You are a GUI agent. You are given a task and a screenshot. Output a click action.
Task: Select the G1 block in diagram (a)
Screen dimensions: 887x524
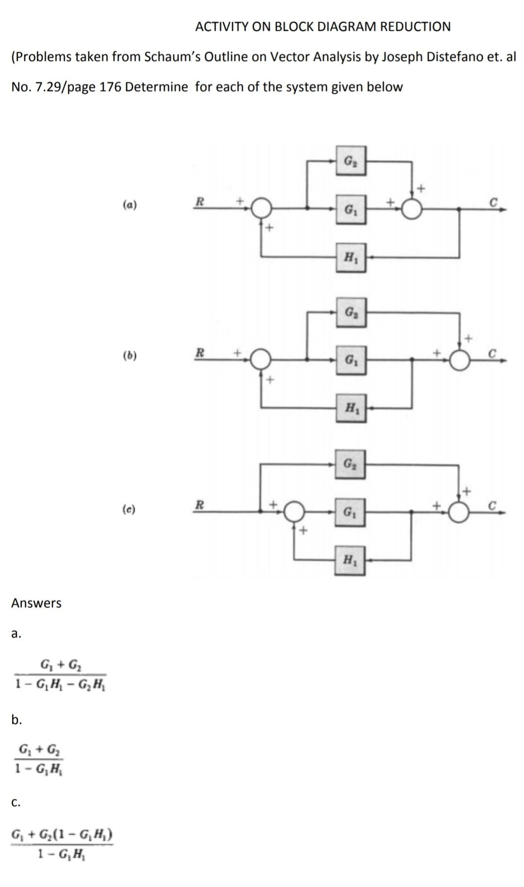[350, 209]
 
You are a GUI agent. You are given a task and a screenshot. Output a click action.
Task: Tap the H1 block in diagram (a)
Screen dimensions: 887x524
[350, 257]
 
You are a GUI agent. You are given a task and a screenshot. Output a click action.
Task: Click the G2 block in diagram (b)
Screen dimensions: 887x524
[350, 312]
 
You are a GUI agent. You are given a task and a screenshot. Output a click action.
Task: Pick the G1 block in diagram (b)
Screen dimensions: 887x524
[350, 360]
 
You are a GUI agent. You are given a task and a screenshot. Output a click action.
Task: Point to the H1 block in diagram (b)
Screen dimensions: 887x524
[350, 409]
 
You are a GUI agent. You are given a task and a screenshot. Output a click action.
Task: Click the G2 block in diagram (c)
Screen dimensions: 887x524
[350, 464]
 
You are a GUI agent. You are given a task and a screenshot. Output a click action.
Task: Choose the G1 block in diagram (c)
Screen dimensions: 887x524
[350, 512]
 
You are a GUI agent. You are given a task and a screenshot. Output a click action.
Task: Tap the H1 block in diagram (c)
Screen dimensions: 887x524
[350, 560]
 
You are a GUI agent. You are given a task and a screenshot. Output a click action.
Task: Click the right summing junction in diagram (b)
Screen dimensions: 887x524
[459, 360]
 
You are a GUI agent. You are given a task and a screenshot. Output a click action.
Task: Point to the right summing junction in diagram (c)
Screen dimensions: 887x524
[459, 512]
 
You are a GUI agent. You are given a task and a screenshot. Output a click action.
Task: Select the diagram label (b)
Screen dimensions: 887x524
[129, 356]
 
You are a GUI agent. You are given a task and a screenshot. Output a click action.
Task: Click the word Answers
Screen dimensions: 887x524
[36, 603]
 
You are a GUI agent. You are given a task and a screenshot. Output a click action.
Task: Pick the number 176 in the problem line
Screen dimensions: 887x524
[109, 87]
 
